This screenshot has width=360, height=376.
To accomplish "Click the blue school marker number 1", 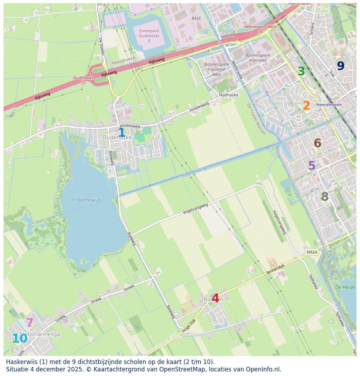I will coord(122,133).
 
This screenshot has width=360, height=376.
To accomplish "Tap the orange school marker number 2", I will coord(306,106).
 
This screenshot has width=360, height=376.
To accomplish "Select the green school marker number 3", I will coord(301,72).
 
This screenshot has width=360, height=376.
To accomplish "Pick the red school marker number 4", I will coord(215,298).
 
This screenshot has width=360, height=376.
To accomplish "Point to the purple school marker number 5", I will coord(312,166).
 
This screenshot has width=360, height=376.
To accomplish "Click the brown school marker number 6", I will coord(317,143).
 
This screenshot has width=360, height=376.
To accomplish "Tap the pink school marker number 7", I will coord(30,323).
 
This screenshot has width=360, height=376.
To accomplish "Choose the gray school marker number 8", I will coord(325,197).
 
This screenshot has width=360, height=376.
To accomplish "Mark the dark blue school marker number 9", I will coord(340,66).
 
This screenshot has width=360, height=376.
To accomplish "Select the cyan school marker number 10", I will coord(20,339).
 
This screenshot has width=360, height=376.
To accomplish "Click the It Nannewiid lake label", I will coord(86,200).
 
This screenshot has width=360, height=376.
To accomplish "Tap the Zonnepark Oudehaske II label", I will coord(149,36).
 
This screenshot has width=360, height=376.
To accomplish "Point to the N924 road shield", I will coord(312,252).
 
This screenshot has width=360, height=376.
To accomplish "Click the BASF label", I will coord(196,18).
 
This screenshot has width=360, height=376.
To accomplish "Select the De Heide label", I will coord(345,287).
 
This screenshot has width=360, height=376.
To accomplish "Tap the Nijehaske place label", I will coord(228,95).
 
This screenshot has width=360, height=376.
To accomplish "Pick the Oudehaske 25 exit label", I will coord(84,80).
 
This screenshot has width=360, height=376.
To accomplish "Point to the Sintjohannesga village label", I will coord(40,334).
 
